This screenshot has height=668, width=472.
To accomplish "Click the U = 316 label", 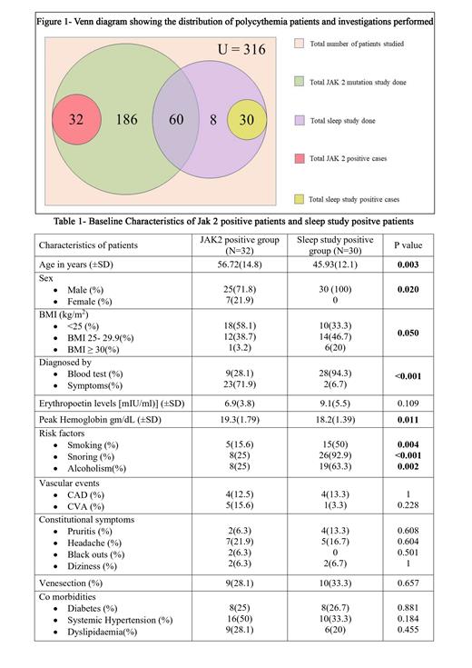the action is tap(234, 49).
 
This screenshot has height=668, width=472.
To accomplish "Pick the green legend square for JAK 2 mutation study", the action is tap(301, 83).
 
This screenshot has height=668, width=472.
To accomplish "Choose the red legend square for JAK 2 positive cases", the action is tap(301, 158).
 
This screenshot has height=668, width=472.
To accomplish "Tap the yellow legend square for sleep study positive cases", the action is tap(301, 197).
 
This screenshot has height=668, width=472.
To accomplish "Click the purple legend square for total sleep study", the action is tap(301, 120).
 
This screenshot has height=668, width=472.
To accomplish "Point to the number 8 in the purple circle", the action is tap(211, 119).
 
